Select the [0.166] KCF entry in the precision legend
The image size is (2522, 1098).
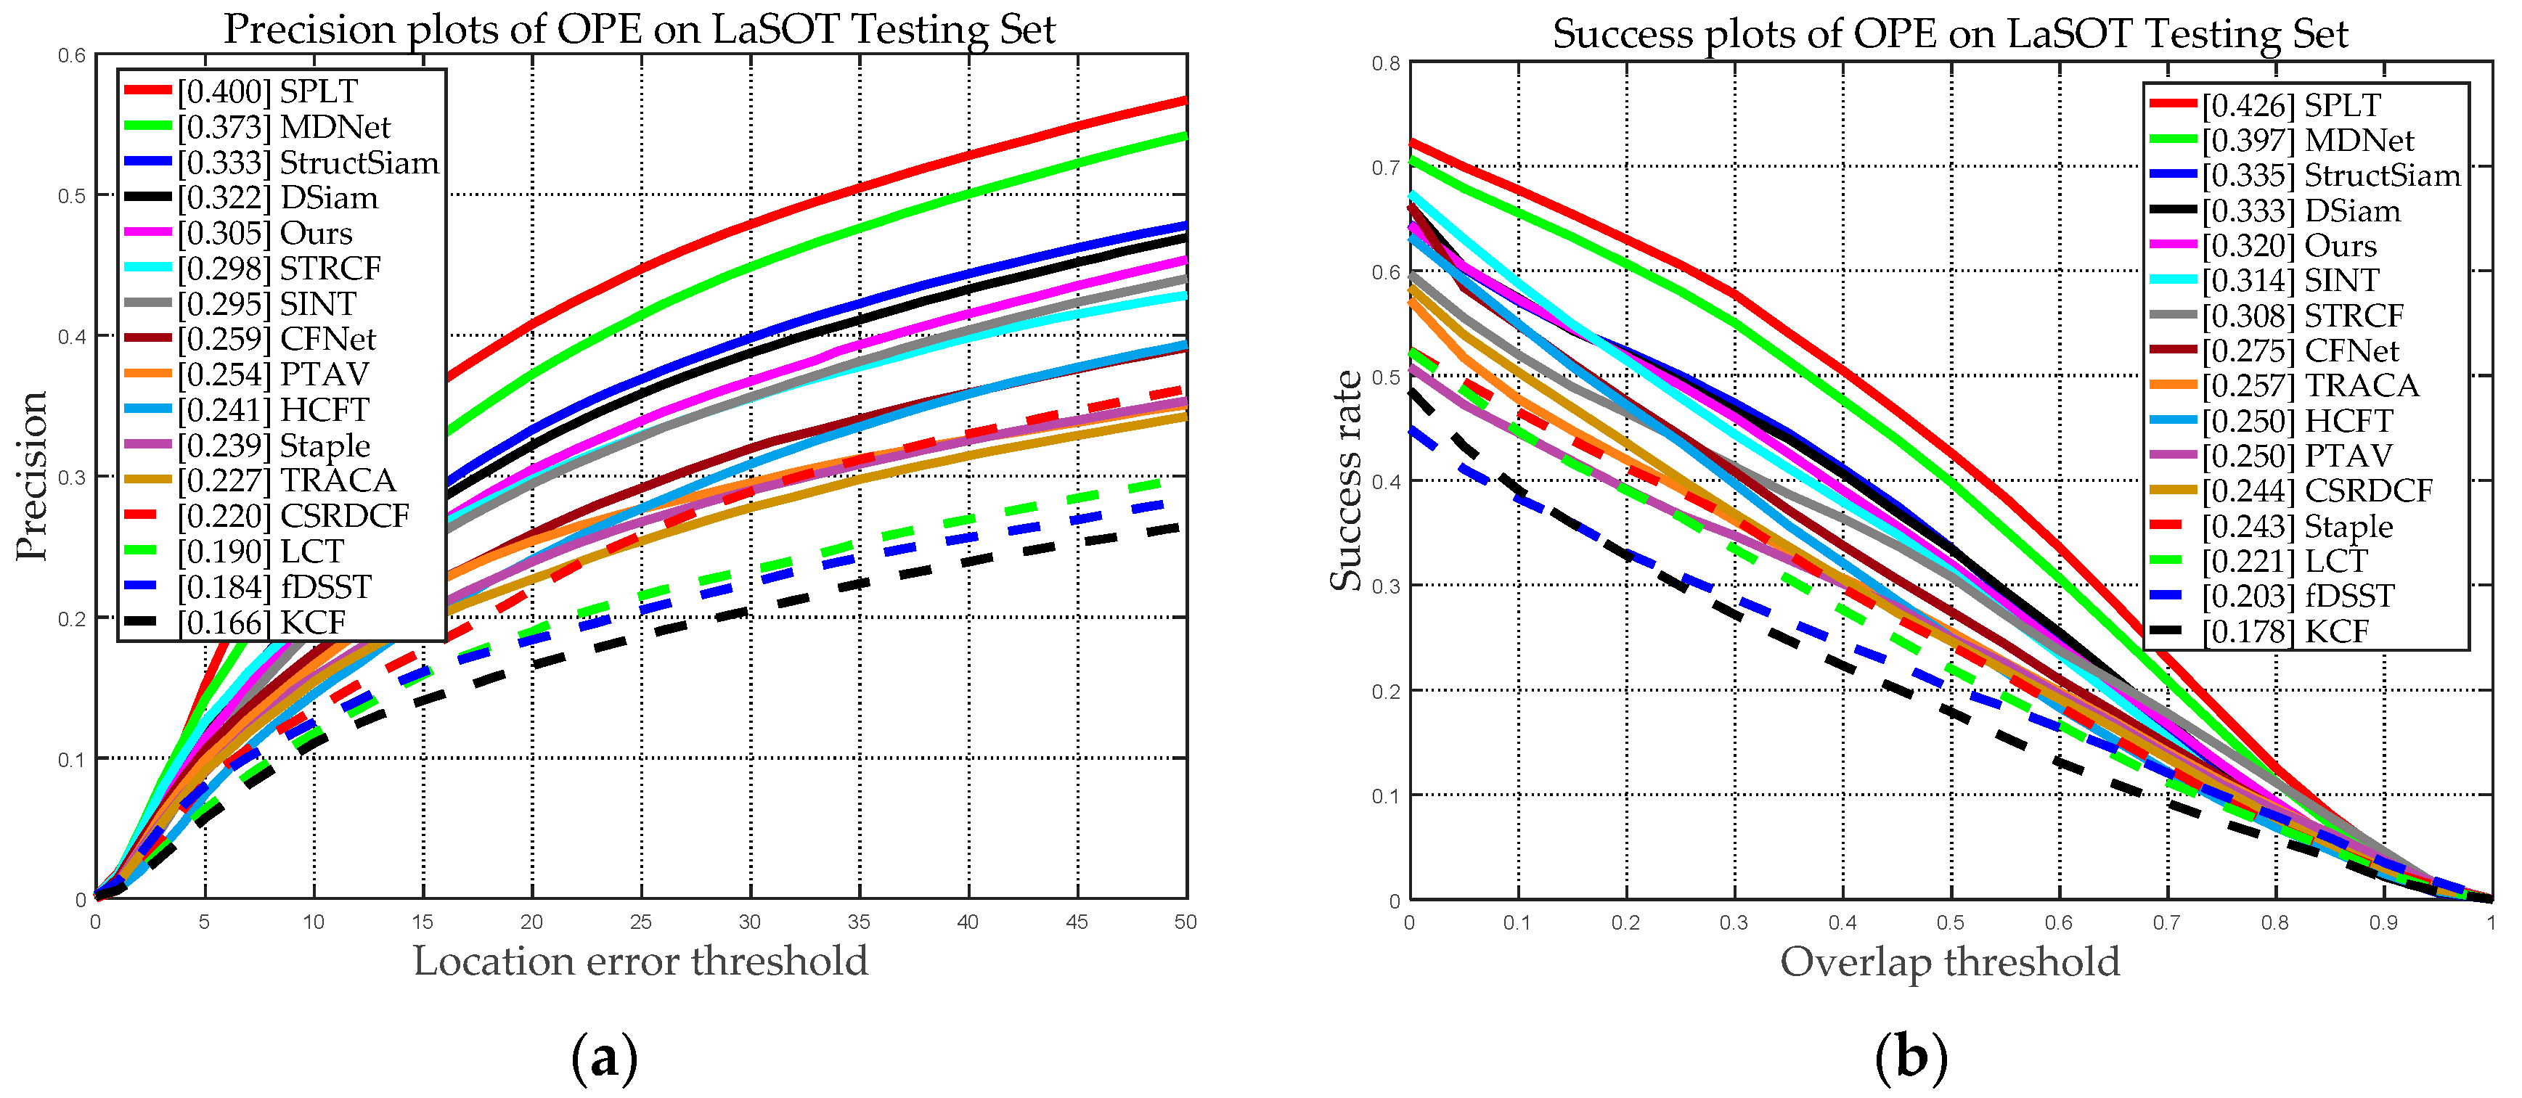pyautogui.click(x=261, y=623)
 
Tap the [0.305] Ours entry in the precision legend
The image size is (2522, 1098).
pyautogui.click(x=264, y=233)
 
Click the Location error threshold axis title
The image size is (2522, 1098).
pyautogui.click(x=640, y=960)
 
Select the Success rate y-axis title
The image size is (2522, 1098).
pyautogui.click(x=1345, y=480)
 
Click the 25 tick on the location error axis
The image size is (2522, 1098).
pyautogui.click(x=640, y=922)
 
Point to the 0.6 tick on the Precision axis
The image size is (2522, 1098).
pyautogui.click(x=73, y=56)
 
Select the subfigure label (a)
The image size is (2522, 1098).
pyautogui.click(x=604, y=1058)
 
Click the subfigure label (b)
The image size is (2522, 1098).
pyautogui.click(x=1911, y=1058)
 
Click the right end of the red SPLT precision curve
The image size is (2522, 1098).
pyautogui.click(x=1185, y=100)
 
